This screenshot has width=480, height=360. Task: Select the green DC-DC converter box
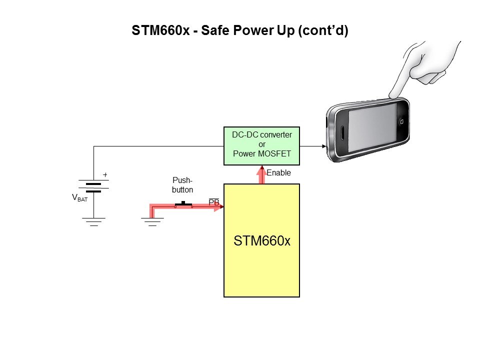tap(261, 145)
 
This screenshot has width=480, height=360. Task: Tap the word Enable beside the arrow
tap(278, 173)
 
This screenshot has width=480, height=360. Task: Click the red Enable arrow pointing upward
tap(261, 175)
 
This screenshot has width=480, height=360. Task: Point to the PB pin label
tap(213, 202)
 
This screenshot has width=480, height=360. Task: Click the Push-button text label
tap(182, 184)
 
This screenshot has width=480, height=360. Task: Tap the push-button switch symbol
tap(184, 204)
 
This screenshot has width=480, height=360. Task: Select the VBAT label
tap(79, 198)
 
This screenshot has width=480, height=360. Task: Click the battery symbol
tap(93, 187)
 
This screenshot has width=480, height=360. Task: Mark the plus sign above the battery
tap(105, 175)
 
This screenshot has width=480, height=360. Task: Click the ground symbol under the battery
tap(93, 221)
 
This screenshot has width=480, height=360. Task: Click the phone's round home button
tap(401, 121)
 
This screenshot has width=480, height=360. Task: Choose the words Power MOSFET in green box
tap(261, 153)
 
